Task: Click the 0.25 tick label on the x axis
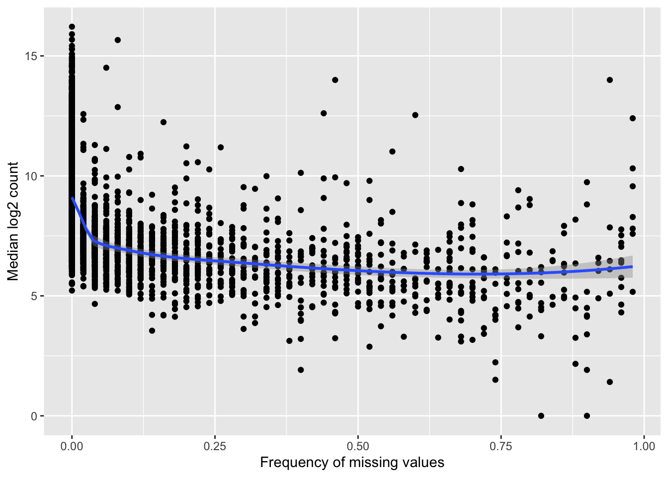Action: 215,446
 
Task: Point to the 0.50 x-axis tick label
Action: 358,446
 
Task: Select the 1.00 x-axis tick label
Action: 644,446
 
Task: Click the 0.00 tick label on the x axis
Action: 72,446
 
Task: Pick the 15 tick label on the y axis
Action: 31,56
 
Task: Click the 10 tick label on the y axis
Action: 31,176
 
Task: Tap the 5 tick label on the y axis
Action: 34,296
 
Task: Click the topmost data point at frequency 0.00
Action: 72,27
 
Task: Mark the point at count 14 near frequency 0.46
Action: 335,80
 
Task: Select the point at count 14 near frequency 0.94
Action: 610,80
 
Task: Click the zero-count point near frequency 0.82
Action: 541,416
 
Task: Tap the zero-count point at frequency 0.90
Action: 587,416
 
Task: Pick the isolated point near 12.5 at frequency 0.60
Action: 415,115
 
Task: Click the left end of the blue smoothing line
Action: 73,198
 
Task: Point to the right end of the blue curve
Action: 632,266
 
